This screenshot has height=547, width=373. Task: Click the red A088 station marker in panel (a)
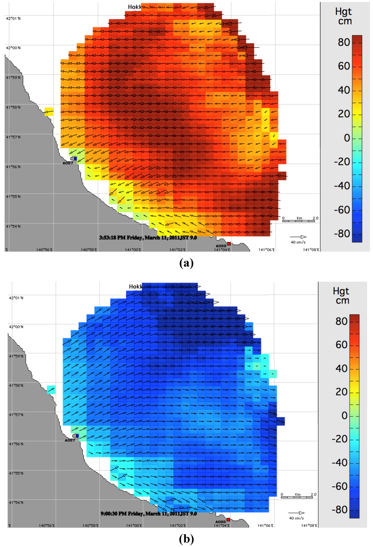tap(229, 243)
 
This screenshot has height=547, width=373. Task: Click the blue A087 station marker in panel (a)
tap(75, 158)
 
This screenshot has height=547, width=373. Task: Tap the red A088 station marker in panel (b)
tap(228, 519)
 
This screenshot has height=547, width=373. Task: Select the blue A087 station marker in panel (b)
tap(77, 436)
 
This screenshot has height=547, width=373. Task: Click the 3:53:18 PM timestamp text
tap(148, 237)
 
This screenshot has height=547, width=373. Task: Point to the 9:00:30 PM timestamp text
tap(149, 513)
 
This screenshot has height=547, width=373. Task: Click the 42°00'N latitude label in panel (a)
tap(13, 48)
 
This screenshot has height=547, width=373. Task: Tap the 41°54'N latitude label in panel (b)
tap(16, 502)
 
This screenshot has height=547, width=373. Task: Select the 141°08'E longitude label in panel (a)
tap(311, 249)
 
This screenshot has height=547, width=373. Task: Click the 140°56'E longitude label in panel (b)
tap(47, 526)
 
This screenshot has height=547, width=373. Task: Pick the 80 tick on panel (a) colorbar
tap(344, 42)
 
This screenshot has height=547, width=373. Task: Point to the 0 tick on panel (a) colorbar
tap(347, 138)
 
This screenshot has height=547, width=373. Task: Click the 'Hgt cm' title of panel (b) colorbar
tap(341, 295)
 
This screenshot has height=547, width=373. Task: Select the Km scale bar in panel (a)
tap(300, 220)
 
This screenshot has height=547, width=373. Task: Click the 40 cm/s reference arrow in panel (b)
tap(297, 513)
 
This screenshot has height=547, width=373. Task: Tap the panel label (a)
tap(186, 263)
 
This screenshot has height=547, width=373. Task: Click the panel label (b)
tap(186, 539)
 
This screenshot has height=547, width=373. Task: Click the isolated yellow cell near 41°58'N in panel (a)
tap(49, 111)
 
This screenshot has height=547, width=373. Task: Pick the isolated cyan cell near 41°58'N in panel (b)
tap(51, 390)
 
